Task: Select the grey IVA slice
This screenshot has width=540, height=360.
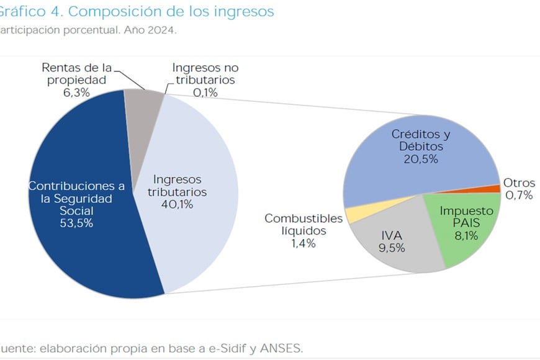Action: coord(397,254)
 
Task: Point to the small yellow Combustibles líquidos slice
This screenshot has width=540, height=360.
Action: coord(351,215)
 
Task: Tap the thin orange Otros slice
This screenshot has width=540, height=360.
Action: coord(494,189)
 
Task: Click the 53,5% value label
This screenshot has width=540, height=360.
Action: coord(77,223)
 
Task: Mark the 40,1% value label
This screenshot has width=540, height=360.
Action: coord(177,204)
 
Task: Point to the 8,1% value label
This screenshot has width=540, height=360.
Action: coord(466,235)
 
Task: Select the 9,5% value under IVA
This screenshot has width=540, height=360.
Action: coord(392,248)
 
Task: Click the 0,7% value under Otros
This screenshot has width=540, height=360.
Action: coord(519,196)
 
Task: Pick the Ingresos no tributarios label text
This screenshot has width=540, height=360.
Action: coord(205,74)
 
